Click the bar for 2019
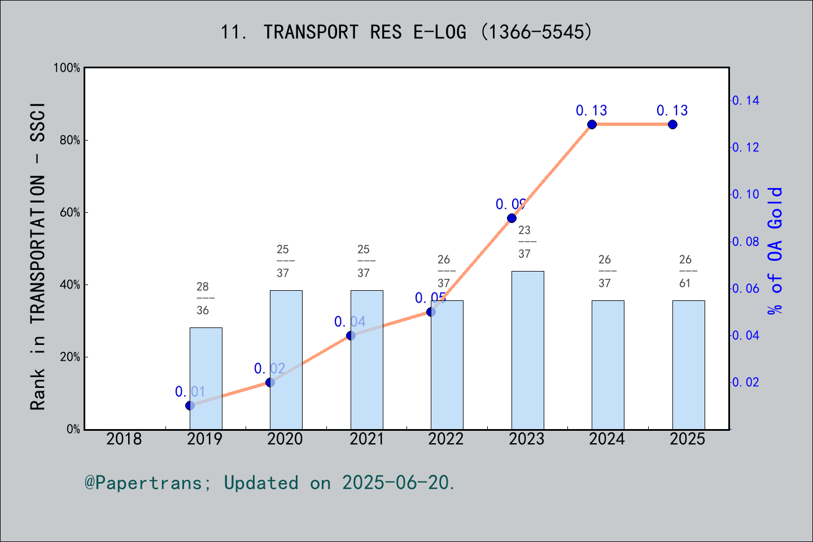tap(206, 378)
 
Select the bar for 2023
tap(527, 350)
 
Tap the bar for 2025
tap(688, 365)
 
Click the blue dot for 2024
tap(592, 124)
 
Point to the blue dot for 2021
tap(351, 335)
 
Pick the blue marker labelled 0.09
tap(512, 218)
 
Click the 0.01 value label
tap(190, 391)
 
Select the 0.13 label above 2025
tap(672, 111)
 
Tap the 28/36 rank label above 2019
tap(203, 298)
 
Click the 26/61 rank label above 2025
tap(685, 271)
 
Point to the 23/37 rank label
tap(524, 242)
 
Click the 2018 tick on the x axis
tap(124, 439)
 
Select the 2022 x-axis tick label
tap(446, 439)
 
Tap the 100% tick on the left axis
tap(67, 68)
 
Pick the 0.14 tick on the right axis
tap(746, 100)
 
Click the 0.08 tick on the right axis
tap(746, 242)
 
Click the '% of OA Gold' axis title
tap(775, 251)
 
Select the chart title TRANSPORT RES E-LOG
tap(406, 32)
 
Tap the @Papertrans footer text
tap(270, 483)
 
